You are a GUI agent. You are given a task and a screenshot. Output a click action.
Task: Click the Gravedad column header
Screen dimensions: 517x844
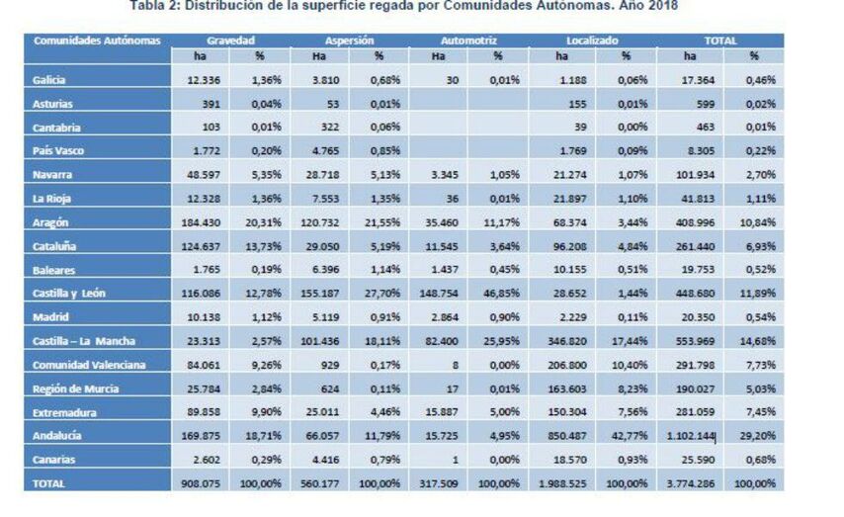point(230,42)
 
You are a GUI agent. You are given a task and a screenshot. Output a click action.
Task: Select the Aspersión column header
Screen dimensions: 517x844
point(349,42)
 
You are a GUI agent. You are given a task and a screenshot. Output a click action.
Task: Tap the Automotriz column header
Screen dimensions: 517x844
point(468,42)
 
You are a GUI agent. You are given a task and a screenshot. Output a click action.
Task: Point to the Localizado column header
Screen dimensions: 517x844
point(593,42)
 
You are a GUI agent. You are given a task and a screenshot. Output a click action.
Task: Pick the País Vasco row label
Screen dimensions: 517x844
point(56,151)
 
